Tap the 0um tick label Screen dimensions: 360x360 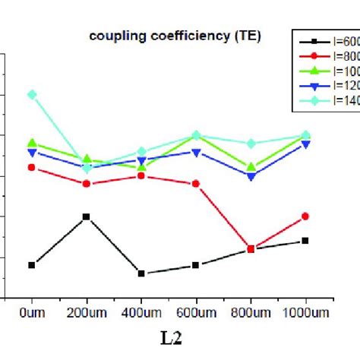31,311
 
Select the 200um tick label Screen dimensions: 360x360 86,311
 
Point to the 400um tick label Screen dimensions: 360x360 141,311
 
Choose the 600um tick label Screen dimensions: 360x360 196,311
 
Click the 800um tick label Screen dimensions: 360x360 251,311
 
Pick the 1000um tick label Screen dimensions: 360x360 305,311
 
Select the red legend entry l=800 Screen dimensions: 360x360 327,56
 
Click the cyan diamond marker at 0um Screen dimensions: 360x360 31,94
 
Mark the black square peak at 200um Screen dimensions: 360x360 86,216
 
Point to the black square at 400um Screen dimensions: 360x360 141,273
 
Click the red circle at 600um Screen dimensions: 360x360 196,184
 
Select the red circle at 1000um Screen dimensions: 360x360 305,216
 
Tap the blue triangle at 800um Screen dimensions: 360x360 251,176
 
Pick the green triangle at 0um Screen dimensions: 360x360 31,143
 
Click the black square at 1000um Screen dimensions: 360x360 305,241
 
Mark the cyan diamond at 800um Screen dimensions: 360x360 251,144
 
